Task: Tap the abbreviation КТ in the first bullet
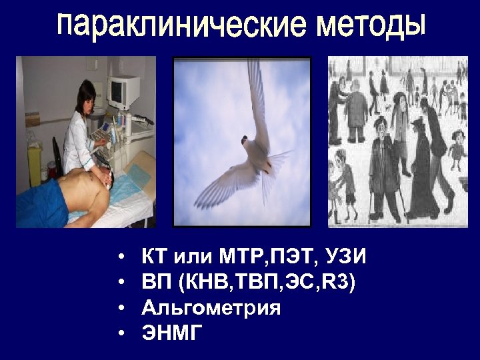(x=154, y=257)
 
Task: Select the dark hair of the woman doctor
(x=87, y=91)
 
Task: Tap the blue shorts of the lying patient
(x=41, y=200)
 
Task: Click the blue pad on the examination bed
(x=139, y=177)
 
